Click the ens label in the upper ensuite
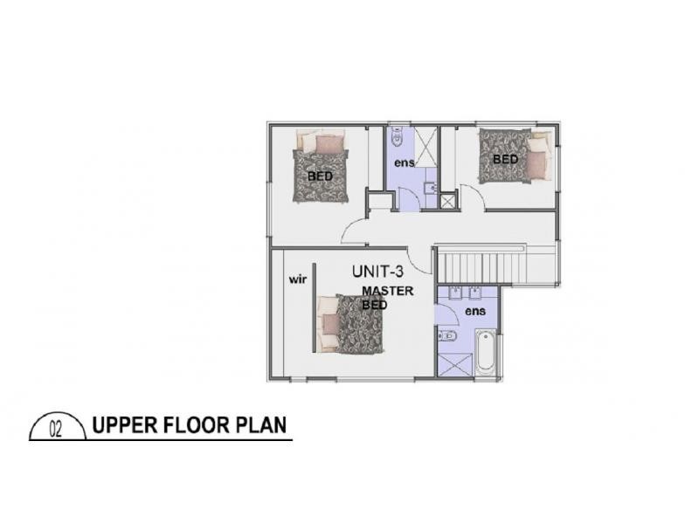[403, 162]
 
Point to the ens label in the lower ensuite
[475, 311]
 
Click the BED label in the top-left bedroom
[320, 176]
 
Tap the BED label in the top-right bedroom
[505, 159]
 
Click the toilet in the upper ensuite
[398, 137]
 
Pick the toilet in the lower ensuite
[447, 337]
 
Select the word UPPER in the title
[124, 427]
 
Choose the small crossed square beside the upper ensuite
[448, 202]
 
